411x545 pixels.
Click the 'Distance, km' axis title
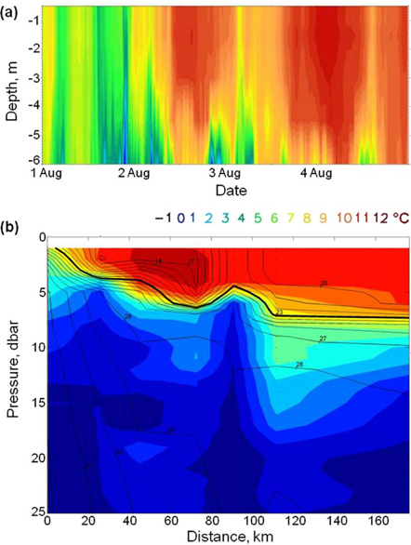pos(227,536)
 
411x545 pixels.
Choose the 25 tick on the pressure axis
pos(34,512)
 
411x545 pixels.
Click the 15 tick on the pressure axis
pos(34,402)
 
